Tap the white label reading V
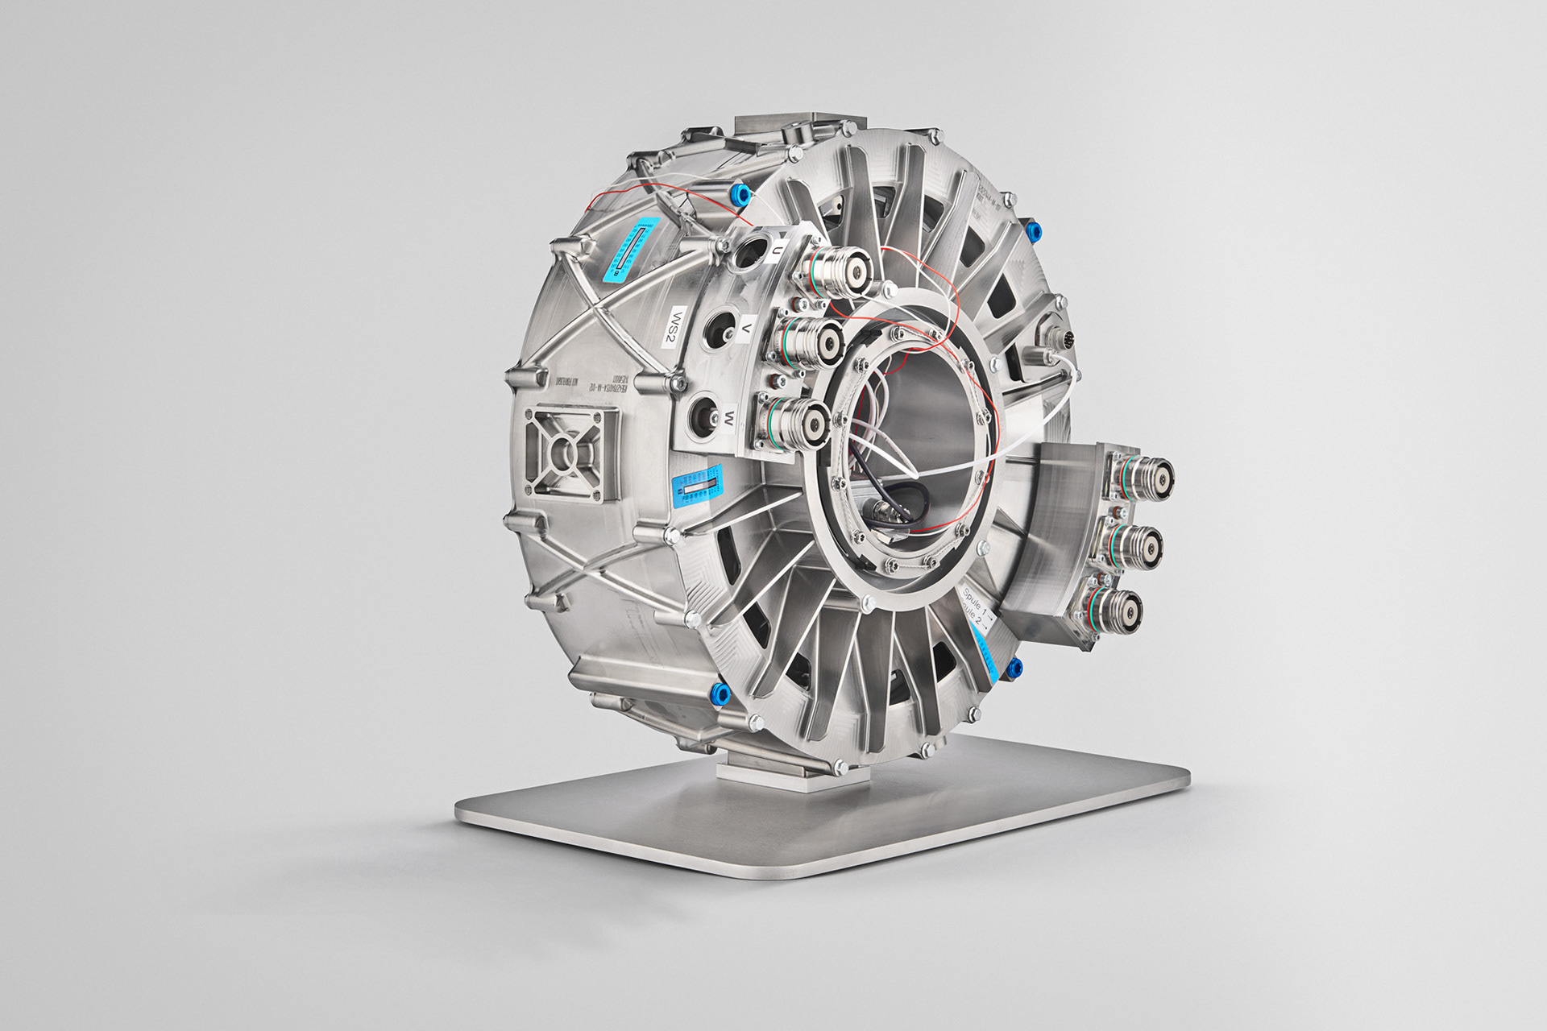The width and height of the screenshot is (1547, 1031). [747, 329]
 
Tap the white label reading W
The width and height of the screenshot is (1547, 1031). [728, 417]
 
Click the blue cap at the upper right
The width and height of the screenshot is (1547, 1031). [1034, 231]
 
